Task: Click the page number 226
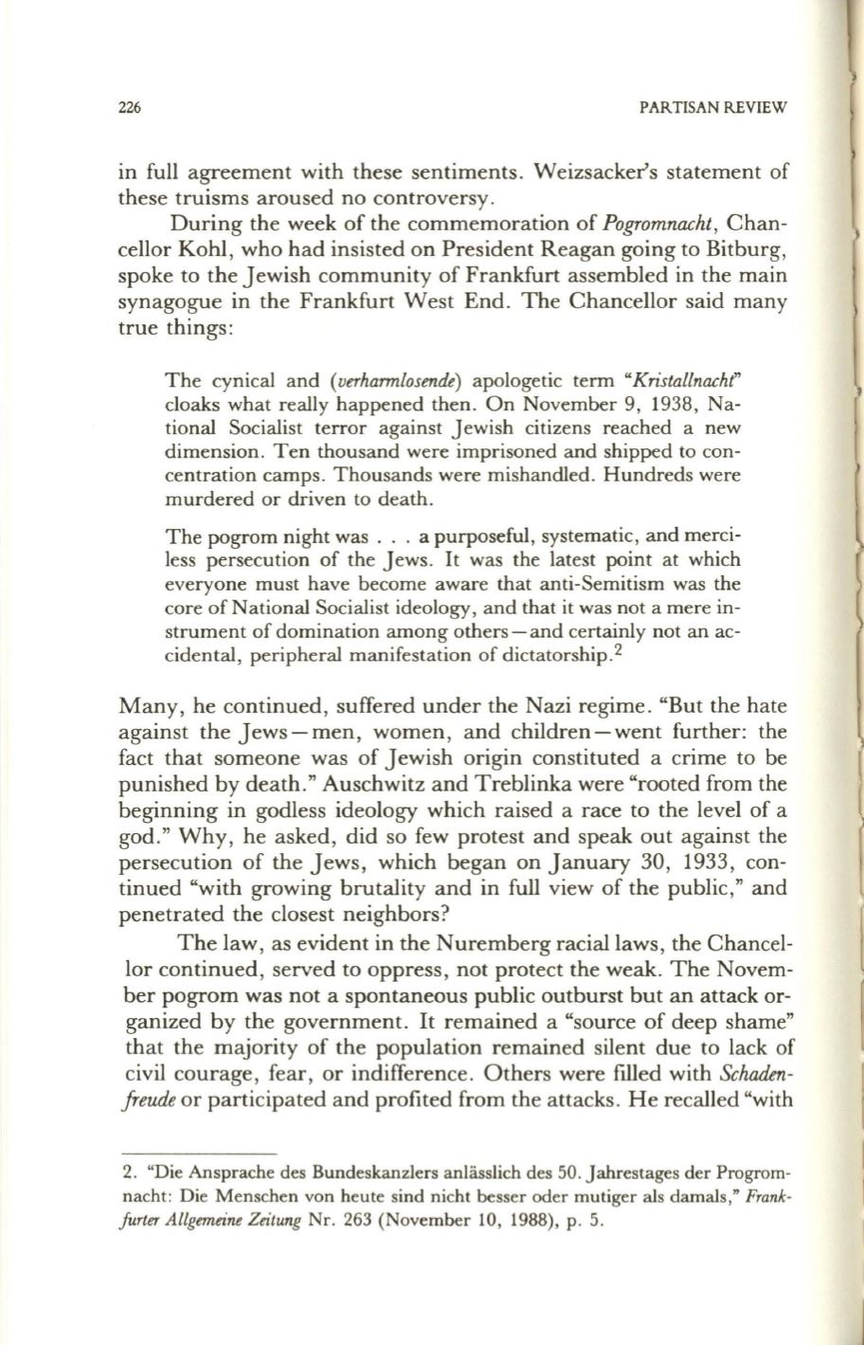[130, 109]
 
